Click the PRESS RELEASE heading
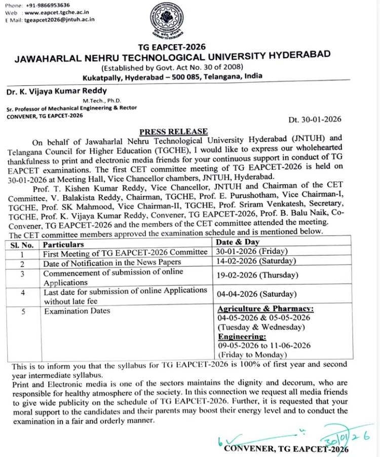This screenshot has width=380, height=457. pos(174,131)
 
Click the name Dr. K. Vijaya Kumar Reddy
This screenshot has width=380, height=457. pos(57,91)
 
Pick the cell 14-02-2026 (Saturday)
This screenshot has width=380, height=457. pos(256,261)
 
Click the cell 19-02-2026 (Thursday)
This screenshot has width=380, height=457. pos(257,276)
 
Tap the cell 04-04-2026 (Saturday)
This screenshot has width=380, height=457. pos(256,294)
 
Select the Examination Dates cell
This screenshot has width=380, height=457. pos(77,311)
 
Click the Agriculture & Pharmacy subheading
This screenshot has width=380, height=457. pos(265,309)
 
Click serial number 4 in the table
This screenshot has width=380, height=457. pos(22,293)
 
